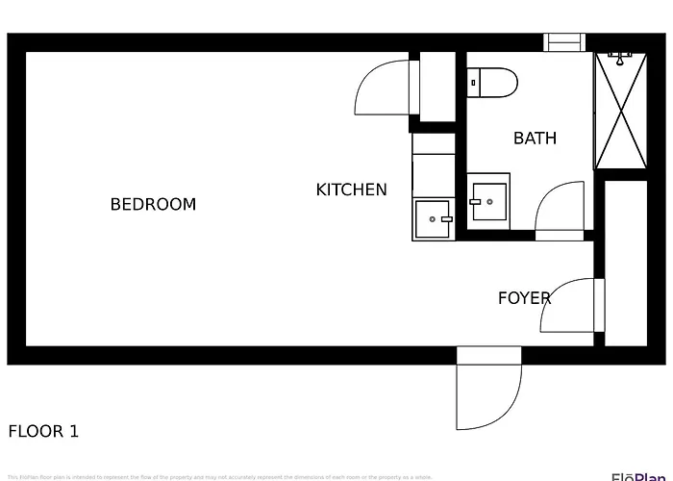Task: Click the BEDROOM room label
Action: click(x=153, y=204)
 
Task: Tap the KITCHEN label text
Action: click(x=351, y=190)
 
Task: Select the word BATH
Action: click(x=535, y=138)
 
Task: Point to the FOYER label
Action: click(x=524, y=298)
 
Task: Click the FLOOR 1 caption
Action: click(x=43, y=431)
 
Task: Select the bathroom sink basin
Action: click(x=489, y=202)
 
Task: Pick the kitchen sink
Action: click(x=434, y=219)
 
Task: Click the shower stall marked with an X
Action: click(x=621, y=113)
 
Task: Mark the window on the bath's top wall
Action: click(x=564, y=42)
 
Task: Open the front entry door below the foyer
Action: click(x=488, y=394)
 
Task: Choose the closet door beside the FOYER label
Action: click(x=575, y=306)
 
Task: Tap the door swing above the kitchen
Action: click(x=383, y=89)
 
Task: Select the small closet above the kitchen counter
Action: click(x=437, y=88)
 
